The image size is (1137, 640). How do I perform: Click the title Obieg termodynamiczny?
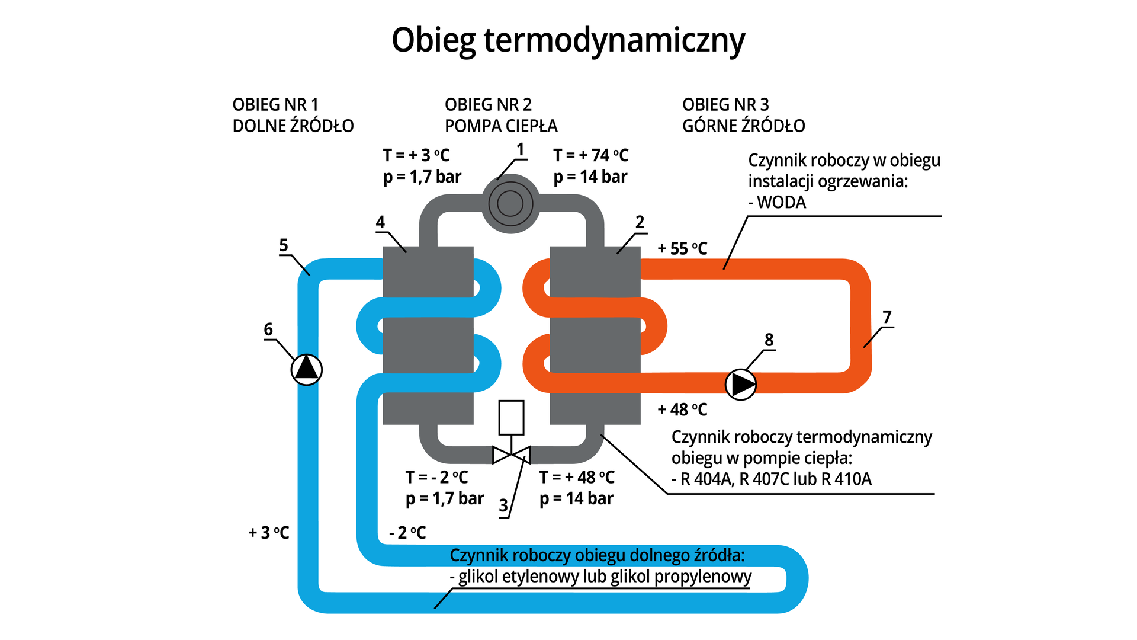pyautogui.click(x=568, y=40)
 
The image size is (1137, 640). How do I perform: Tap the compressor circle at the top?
pyautogui.click(x=510, y=204)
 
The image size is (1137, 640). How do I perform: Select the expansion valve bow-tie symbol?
pyautogui.click(x=511, y=455)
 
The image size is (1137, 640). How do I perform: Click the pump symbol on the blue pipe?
pyautogui.click(x=307, y=369)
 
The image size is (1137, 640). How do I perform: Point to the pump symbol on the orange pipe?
pyautogui.click(x=741, y=385)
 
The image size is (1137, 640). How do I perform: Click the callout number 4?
pyautogui.click(x=380, y=222)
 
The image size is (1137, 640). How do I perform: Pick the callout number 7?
pyautogui.click(x=887, y=318)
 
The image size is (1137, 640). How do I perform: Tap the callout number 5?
pyautogui.click(x=284, y=245)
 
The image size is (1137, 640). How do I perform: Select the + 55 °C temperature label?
pyautogui.click(x=682, y=249)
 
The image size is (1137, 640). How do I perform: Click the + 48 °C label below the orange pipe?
pyautogui.click(x=682, y=409)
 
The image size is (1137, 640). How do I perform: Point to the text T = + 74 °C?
pyautogui.click(x=590, y=155)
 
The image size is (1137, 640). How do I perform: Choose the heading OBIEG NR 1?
pyautogui.click(x=275, y=105)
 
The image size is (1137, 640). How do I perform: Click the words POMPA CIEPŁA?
pyautogui.click(x=501, y=126)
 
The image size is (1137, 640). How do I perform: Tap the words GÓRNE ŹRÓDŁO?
pyautogui.click(x=743, y=126)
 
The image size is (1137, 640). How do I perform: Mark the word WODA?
pyautogui.click(x=781, y=203)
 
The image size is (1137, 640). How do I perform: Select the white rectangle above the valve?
pyautogui.click(x=511, y=418)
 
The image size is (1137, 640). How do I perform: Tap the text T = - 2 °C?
pyautogui.click(x=436, y=477)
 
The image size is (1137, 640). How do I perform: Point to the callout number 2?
pyautogui.click(x=640, y=222)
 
